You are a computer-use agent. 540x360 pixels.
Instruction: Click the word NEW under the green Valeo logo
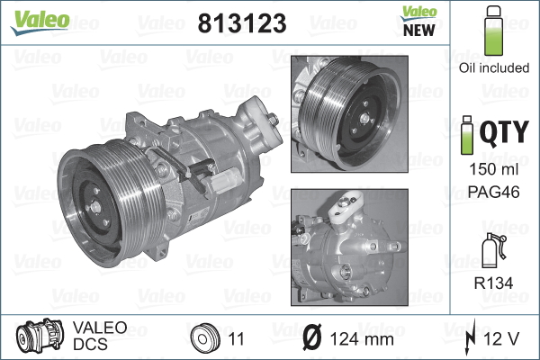[x=413, y=28]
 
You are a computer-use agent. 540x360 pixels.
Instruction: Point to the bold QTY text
[x=502, y=135]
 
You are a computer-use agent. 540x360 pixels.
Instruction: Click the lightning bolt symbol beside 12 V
[x=472, y=340]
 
